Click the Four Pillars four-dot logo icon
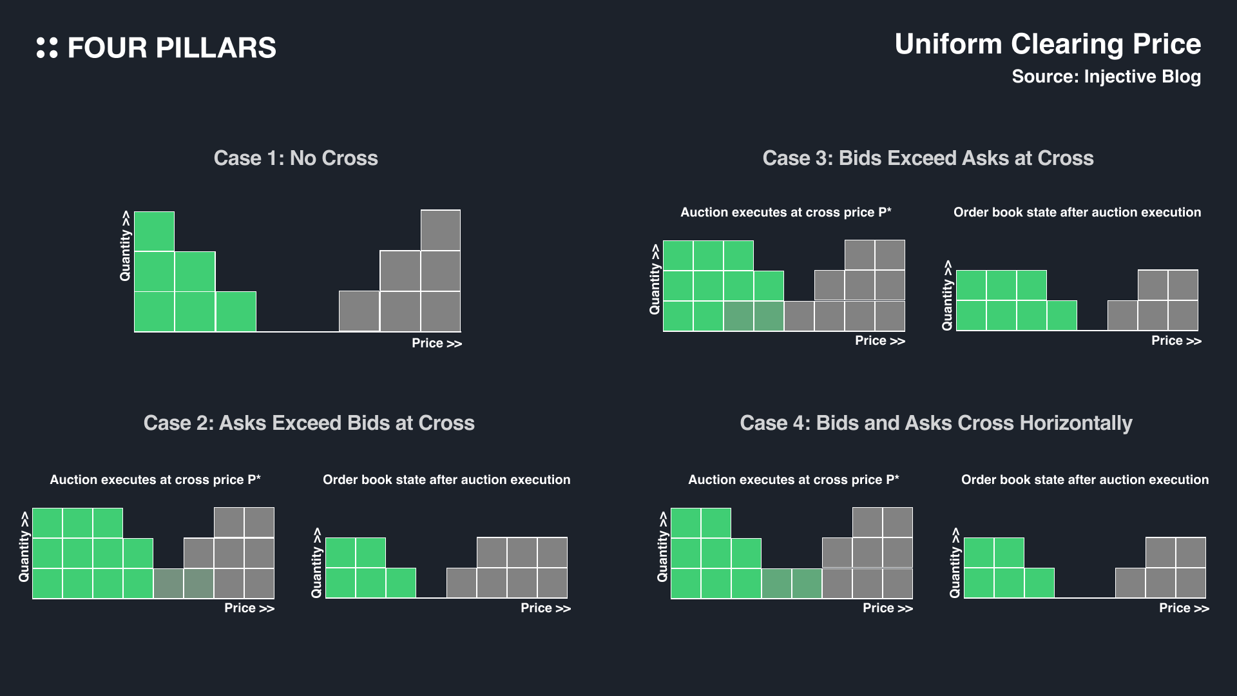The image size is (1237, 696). [x=47, y=48]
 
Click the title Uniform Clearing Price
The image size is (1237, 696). [x=1048, y=44]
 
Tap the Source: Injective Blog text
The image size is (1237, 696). [x=1106, y=77]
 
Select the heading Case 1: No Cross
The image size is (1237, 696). [x=296, y=158]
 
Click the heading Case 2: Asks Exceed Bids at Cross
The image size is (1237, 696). [x=309, y=423]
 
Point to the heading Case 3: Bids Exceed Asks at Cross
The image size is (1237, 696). [x=928, y=158]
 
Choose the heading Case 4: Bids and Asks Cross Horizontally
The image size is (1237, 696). [x=935, y=423]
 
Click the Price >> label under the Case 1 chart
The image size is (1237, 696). [x=437, y=343]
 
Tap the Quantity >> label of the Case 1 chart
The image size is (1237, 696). [x=125, y=246]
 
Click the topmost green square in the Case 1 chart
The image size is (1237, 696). [x=154, y=231]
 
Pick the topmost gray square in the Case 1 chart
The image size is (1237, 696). [x=441, y=230]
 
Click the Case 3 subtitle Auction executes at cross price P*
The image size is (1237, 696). [x=785, y=213]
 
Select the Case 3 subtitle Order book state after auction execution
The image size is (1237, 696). [x=1077, y=213]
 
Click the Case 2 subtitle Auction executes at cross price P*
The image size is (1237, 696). [x=155, y=479]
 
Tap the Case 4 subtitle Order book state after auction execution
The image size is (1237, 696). [x=1084, y=479]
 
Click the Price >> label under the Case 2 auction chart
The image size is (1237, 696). [x=249, y=608]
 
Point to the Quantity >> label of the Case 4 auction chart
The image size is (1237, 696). [x=662, y=546]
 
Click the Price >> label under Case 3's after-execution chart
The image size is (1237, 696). [x=1176, y=341]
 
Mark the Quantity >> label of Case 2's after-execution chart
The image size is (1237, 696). [x=316, y=563]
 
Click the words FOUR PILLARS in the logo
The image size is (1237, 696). [x=171, y=48]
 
